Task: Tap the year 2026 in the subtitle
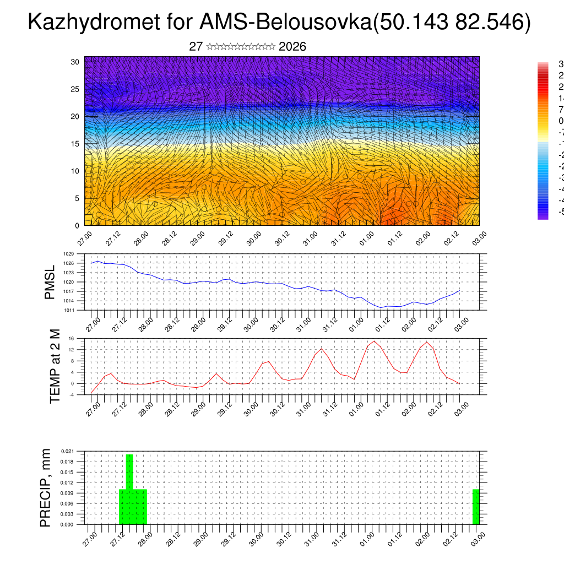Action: click(x=292, y=46)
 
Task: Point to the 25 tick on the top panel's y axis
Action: click(x=75, y=89)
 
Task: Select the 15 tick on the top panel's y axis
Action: click(x=75, y=144)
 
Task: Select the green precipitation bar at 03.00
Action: click(x=476, y=507)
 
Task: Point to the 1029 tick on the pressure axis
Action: click(x=69, y=254)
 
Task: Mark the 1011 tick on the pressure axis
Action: click(x=69, y=310)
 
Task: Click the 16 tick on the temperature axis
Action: click(x=72, y=338)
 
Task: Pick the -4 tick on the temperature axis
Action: click(x=72, y=394)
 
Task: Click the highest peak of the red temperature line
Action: click(x=375, y=341)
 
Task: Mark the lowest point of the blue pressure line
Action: click(x=381, y=307)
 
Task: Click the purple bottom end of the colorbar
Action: click(x=543, y=216)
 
